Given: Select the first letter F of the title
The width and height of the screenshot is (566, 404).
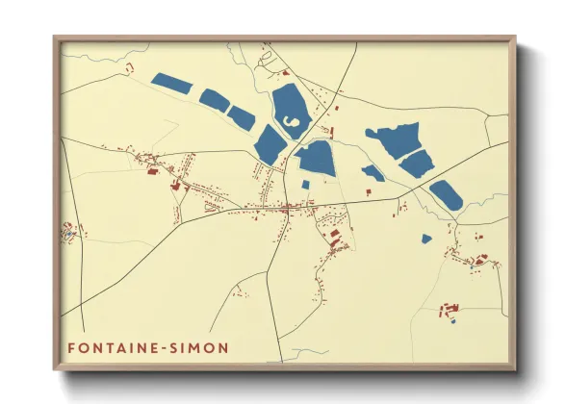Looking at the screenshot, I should (x=71, y=345).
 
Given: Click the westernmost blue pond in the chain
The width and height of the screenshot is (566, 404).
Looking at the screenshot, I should (x=172, y=84).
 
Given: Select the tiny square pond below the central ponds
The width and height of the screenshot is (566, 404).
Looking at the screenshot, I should (x=305, y=184).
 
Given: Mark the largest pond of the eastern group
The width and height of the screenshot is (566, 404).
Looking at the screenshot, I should (x=393, y=139).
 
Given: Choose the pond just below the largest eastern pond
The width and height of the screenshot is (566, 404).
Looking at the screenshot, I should (x=417, y=164).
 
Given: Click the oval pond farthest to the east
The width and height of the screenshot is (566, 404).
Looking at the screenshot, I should (x=446, y=194).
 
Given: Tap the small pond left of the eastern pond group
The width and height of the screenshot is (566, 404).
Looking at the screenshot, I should (x=373, y=173).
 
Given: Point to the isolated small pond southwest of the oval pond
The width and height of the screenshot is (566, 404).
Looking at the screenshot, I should (x=426, y=238).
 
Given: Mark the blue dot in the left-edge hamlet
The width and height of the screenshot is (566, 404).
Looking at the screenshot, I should (x=68, y=231).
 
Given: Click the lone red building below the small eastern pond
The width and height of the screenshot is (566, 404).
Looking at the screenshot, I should (x=368, y=191).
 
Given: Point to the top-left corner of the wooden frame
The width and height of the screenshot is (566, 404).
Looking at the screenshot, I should (x=56, y=39).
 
